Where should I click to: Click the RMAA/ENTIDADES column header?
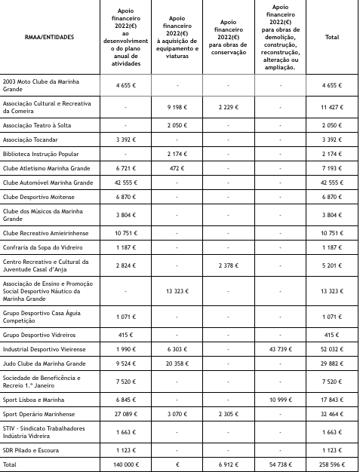[50, 37]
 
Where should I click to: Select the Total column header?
[331, 37]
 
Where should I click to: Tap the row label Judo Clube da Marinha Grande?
[44, 363]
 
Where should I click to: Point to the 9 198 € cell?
[177, 107]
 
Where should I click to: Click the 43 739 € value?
[281, 349]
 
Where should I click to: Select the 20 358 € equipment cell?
[177, 363]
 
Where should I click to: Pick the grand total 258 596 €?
[331, 465]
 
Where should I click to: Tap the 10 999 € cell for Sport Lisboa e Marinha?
[281, 400]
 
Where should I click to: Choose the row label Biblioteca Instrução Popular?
[40, 154]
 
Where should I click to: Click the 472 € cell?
[177, 168]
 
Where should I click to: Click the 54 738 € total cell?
[281, 465]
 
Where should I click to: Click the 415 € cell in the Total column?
[331, 335]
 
